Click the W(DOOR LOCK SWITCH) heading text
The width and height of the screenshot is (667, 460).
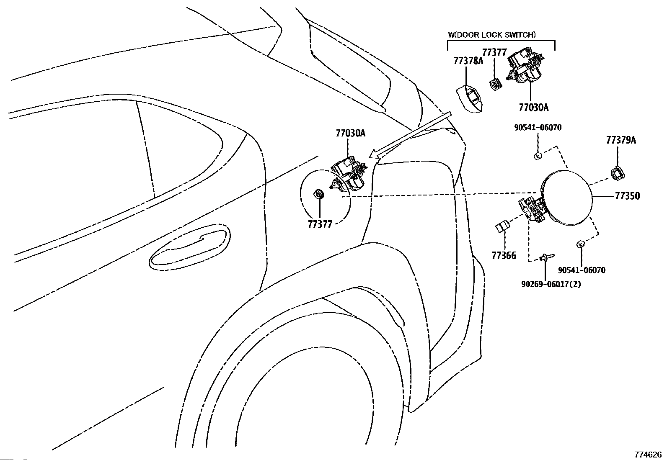pyautogui.click(x=491, y=35)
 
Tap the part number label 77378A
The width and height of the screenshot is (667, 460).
pyautogui.click(x=468, y=61)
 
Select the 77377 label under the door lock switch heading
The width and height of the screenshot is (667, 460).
pyautogui.click(x=494, y=52)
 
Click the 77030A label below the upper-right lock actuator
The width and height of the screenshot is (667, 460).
pyautogui.click(x=533, y=108)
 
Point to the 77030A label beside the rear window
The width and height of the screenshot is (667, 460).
pyautogui.click(x=350, y=134)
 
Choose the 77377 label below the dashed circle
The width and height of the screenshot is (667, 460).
pyautogui.click(x=320, y=224)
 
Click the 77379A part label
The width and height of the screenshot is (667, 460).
pyautogui.click(x=620, y=140)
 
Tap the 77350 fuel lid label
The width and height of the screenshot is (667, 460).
pyautogui.click(x=627, y=196)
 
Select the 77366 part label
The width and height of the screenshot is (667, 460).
pyautogui.click(x=504, y=255)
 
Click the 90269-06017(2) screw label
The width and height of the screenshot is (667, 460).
pyautogui.click(x=551, y=284)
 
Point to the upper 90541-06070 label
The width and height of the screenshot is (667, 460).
pyautogui.click(x=538, y=128)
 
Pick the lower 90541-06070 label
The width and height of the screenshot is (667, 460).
pyautogui.click(x=582, y=270)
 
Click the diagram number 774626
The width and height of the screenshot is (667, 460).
pyautogui.click(x=647, y=455)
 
